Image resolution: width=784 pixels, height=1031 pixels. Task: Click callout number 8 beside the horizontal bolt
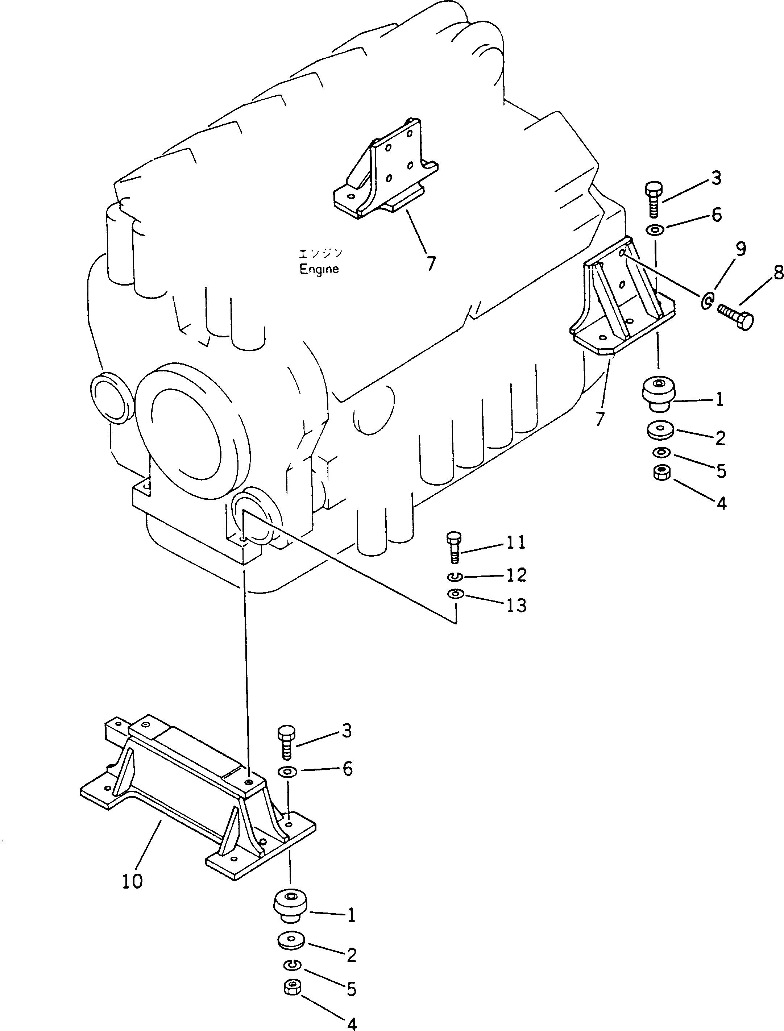778,273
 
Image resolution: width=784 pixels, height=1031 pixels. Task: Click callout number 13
516,606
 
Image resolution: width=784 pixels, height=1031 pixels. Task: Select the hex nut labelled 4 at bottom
292,987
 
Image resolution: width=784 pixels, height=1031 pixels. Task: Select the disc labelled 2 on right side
660,430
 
